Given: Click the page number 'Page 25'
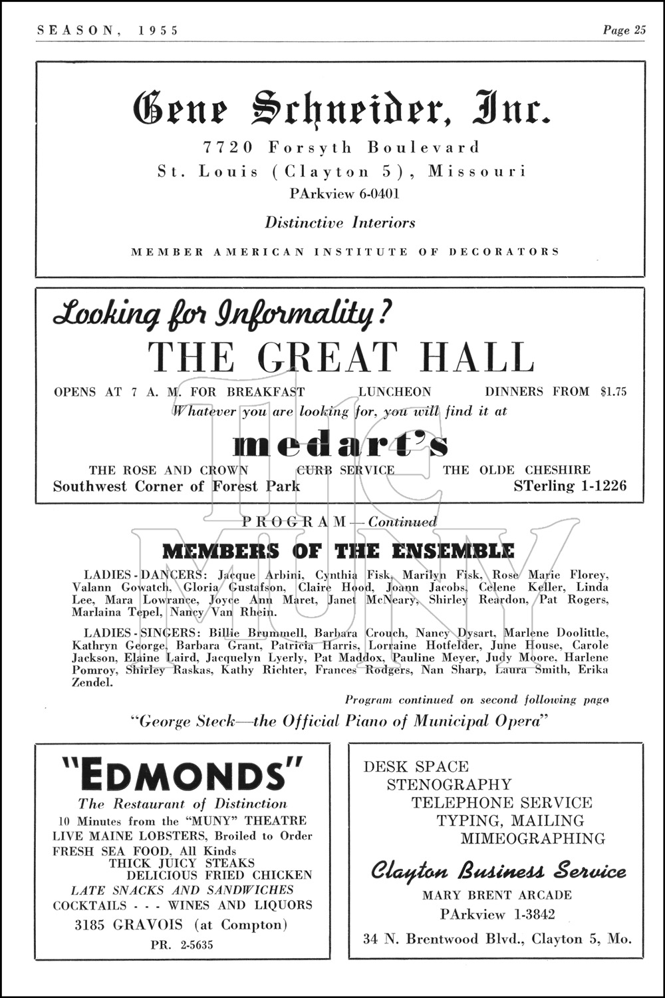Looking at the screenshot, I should click(624, 30).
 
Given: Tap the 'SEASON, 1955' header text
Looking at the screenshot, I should click(108, 31).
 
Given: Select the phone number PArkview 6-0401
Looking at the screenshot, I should click(344, 194).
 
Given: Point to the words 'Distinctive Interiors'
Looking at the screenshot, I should click(340, 223).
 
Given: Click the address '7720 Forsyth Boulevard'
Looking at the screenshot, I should click(341, 147).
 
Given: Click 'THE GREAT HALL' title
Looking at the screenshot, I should click(341, 357).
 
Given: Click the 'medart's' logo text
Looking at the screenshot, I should click(341, 445).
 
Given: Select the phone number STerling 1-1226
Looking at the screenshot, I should click(569, 486).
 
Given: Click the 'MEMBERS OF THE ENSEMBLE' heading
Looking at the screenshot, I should click(338, 551).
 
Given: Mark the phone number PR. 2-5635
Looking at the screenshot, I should click(182, 945).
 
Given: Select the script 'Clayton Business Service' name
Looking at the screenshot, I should click(498, 871).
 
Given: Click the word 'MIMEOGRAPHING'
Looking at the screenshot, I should click(533, 838).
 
